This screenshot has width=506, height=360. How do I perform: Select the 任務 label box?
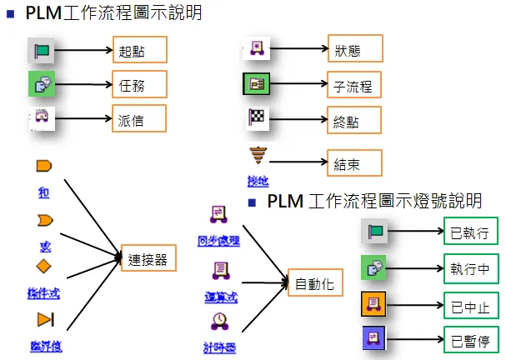[139, 84]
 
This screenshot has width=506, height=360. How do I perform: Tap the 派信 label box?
[139, 119]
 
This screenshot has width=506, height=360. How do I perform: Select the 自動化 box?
[314, 284]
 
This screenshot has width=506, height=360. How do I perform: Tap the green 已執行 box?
[471, 231]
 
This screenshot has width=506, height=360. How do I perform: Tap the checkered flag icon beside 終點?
[256, 118]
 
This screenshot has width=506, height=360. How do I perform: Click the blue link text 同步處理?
[220, 241]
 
